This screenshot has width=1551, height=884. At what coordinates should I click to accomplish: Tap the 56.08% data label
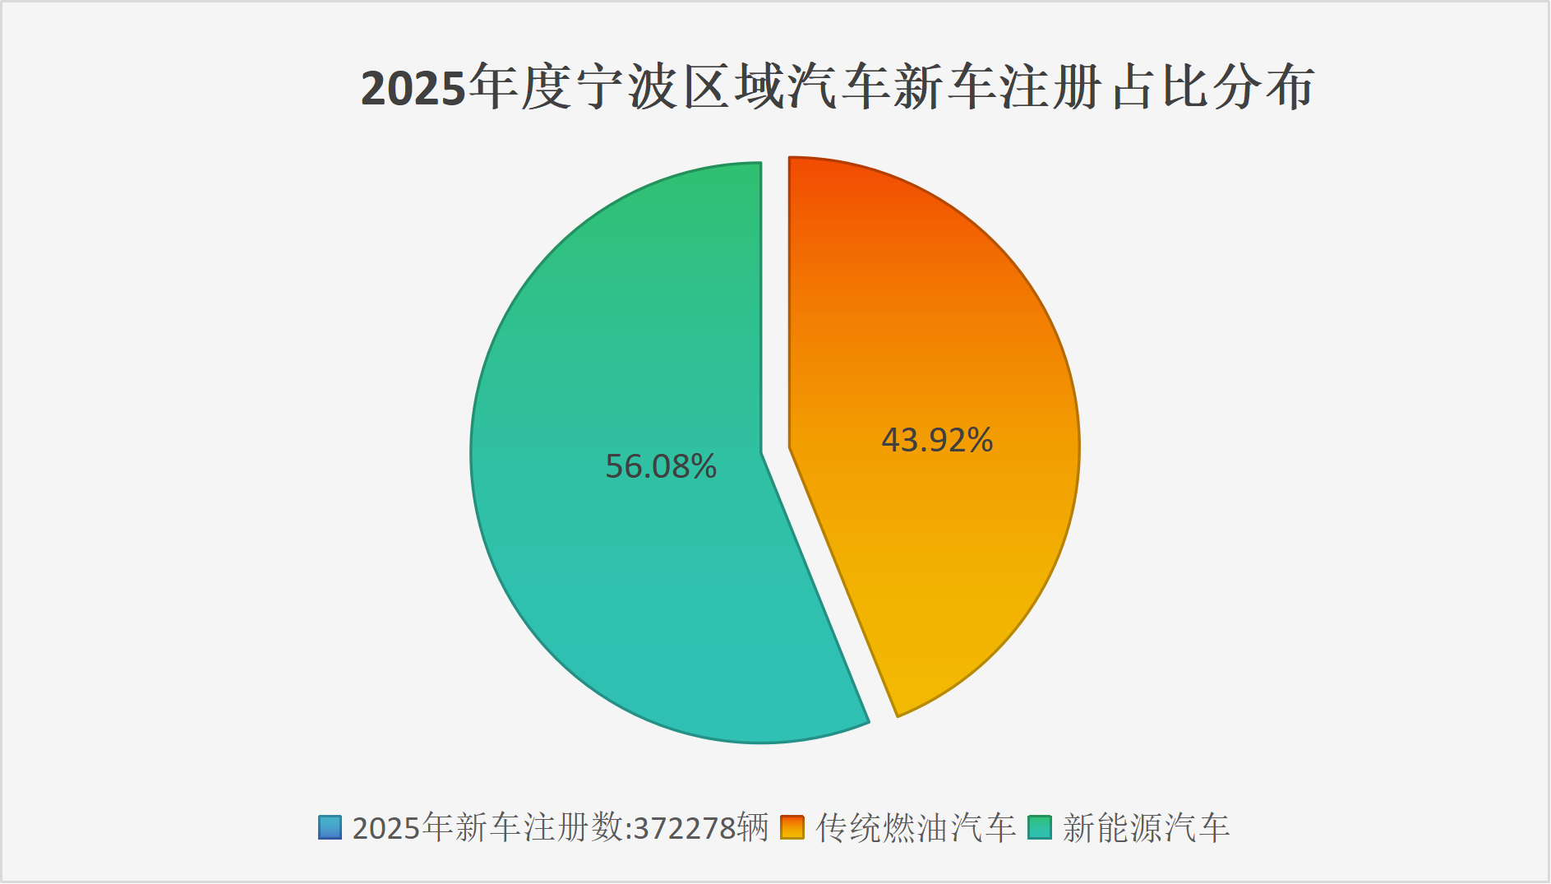[x=661, y=466]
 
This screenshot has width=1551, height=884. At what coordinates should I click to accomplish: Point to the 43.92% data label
[x=937, y=440]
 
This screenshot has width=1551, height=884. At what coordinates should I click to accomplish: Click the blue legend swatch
[x=330, y=827]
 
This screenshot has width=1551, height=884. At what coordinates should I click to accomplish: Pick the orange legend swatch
[x=792, y=827]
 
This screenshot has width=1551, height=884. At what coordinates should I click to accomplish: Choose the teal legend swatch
[x=1040, y=827]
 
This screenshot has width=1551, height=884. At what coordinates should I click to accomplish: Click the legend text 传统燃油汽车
[x=916, y=827]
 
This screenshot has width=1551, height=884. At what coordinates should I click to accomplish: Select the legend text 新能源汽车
[x=1146, y=827]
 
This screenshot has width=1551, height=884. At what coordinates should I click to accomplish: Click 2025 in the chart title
[x=413, y=88]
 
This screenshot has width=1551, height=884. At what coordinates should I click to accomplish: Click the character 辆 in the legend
[x=753, y=827]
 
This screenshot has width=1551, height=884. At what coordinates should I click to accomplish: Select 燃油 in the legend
[x=916, y=827]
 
